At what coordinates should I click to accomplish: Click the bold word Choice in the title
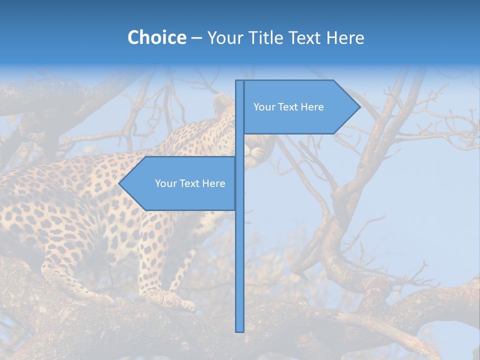click(x=156, y=38)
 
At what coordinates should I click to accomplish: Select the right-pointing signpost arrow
click(x=300, y=107)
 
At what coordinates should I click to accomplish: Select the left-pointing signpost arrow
click(x=180, y=183)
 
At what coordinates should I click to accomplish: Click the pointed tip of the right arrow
click(x=359, y=106)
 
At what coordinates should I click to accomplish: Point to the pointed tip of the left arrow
click(x=120, y=183)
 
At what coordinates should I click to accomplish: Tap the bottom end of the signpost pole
click(x=240, y=330)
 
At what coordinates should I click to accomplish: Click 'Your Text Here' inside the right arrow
click(x=288, y=107)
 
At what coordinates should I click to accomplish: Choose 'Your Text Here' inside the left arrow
click(x=190, y=183)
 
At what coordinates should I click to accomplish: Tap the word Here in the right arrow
click(x=312, y=107)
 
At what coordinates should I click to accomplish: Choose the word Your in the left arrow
click(x=164, y=183)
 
